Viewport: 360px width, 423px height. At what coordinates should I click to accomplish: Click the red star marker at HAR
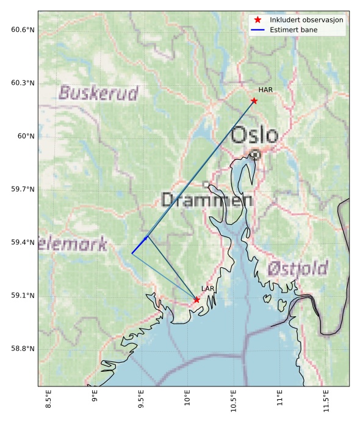point(254,101)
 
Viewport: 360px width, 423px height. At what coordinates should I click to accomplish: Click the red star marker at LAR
point(196,300)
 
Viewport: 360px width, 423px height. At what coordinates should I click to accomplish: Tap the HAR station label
point(265,90)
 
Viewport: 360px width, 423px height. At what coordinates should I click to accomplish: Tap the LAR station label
point(207,288)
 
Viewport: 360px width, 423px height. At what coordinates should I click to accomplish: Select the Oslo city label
point(255,135)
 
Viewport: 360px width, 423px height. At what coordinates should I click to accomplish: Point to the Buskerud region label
point(98,93)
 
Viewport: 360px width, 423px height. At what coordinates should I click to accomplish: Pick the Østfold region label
point(297,268)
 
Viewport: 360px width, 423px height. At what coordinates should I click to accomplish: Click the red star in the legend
point(257,20)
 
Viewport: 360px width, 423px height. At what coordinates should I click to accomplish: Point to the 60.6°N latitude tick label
point(23,30)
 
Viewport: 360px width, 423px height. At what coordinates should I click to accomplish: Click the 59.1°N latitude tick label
point(23,296)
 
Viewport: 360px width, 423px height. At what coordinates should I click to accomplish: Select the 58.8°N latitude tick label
point(23,349)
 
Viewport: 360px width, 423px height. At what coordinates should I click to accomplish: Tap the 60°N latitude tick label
point(26,136)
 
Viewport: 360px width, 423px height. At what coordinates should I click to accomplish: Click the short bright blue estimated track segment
point(140,244)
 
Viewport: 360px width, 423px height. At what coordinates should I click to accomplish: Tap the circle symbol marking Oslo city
point(256,155)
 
